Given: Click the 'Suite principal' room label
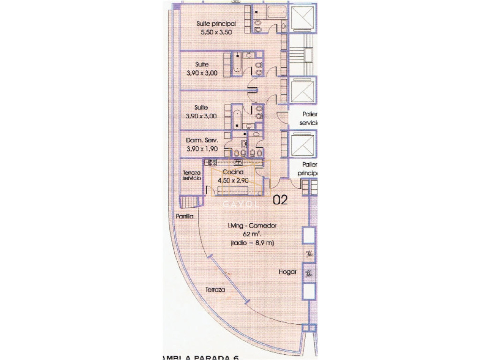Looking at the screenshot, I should pyautogui.click(x=216, y=24).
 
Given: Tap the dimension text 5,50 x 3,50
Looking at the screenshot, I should pyautogui.click(x=216, y=32).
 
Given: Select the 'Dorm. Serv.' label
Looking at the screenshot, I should pyautogui.click(x=202, y=140).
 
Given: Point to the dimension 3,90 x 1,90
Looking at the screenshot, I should pyautogui.click(x=202, y=149).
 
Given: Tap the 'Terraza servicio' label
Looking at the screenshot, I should pyautogui.click(x=192, y=175).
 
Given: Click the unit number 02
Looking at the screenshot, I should pyautogui.click(x=280, y=200).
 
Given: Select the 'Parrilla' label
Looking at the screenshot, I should pyautogui.click(x=184, y=216).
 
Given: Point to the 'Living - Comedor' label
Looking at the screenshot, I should pyautogui.click(x=252, y=226).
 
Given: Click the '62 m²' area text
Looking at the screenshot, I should pyautogui.click(x=252, y=234).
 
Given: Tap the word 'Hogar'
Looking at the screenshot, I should pyautogui.click(x=287, y=272).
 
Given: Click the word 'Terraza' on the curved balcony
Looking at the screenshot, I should pyautogui.click(x=214, y=289).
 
